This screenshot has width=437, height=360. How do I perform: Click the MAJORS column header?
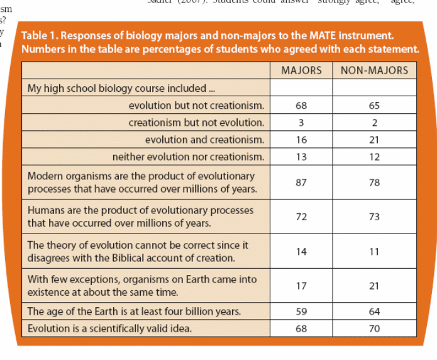301,70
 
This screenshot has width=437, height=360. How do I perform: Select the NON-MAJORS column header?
374,70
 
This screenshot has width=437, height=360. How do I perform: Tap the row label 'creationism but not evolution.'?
196,123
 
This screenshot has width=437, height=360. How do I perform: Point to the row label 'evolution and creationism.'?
204,140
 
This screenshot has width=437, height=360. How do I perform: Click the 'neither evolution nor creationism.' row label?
188,157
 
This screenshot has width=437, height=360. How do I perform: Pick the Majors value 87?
301,182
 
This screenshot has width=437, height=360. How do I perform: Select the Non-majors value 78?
374,182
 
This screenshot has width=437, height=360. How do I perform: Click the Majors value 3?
301,123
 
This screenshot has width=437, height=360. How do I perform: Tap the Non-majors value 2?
374,123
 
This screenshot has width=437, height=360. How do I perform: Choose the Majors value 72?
301,217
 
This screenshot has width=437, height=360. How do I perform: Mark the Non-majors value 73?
374,217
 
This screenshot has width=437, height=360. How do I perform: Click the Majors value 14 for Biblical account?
301,251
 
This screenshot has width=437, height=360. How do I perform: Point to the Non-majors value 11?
374,251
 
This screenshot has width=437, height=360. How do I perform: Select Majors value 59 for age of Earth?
301,311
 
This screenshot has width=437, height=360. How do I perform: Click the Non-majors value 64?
374,311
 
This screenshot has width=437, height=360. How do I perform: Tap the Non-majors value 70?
374,328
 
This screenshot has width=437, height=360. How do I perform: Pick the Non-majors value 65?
374,106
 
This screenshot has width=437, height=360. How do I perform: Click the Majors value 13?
301,157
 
